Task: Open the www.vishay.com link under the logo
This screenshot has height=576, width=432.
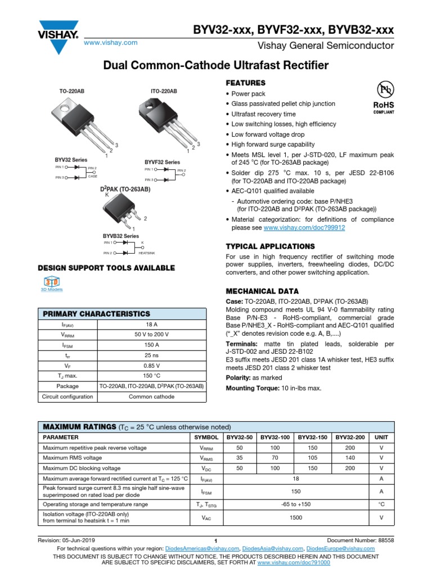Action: coord(111,43)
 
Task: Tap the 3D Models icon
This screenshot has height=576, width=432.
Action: coord(52,282)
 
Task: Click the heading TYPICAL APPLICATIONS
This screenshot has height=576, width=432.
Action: coord(270,246)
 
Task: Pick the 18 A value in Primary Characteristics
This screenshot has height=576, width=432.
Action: coord(151,325)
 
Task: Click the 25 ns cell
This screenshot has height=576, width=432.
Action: coord(151,355)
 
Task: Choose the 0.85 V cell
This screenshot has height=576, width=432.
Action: coord(151,366)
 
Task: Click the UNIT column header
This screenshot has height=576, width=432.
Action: coord(381,437)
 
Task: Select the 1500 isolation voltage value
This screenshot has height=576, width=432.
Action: coord(296,517)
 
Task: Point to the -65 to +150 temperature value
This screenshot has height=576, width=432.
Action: coord(296,505)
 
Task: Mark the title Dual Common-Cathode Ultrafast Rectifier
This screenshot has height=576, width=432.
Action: coord(216,66)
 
